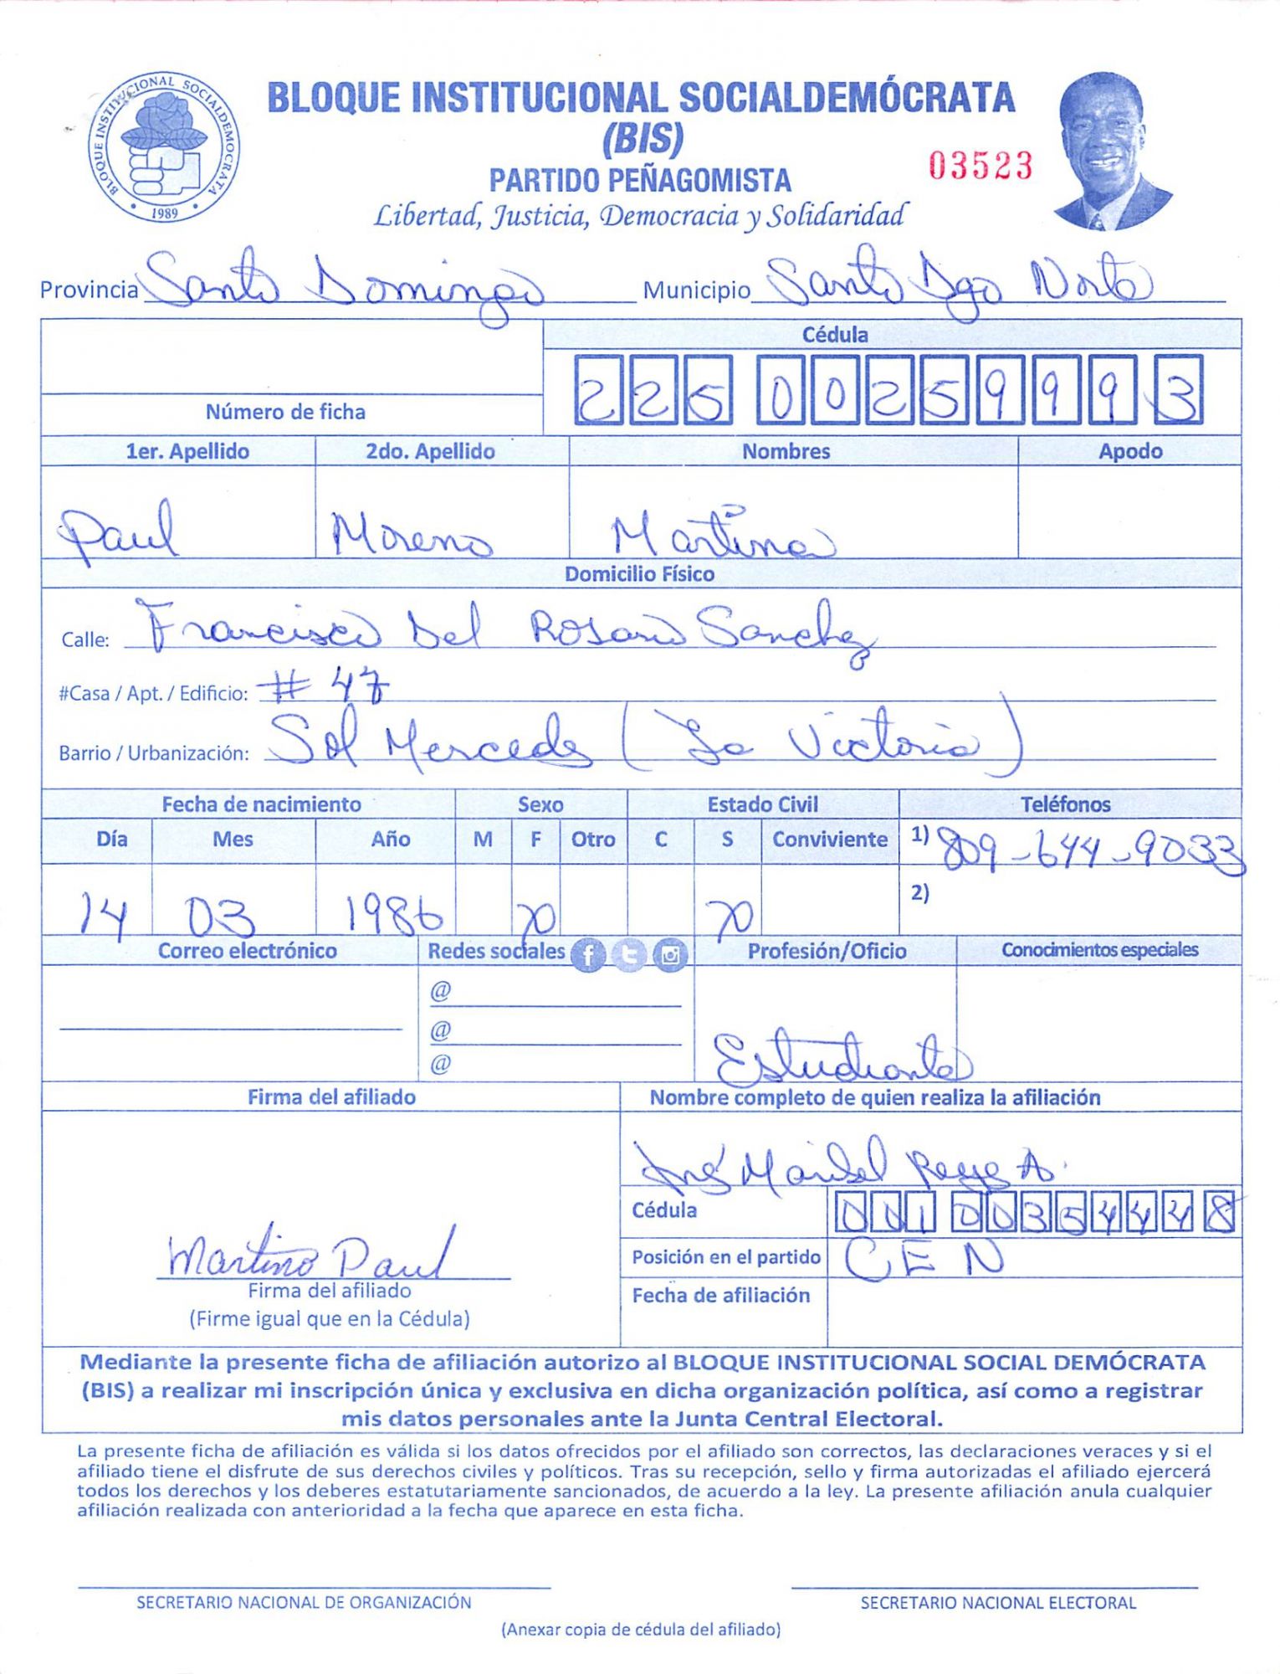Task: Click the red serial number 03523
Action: (x=980, y=166)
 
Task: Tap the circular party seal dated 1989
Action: (x=164, y=147)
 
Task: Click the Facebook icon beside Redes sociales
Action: (x=588, y=955)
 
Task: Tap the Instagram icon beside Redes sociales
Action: (x=669, y=955)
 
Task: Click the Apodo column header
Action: (x=1129, y=451)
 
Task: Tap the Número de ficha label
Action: (x=285, y=412)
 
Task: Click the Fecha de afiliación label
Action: (x=721, y=1296)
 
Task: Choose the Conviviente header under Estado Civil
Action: (x=829, y=840)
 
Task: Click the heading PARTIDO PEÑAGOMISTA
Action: (x=640, y=180)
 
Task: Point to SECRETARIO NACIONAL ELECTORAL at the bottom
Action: (x=998, y=1602)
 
